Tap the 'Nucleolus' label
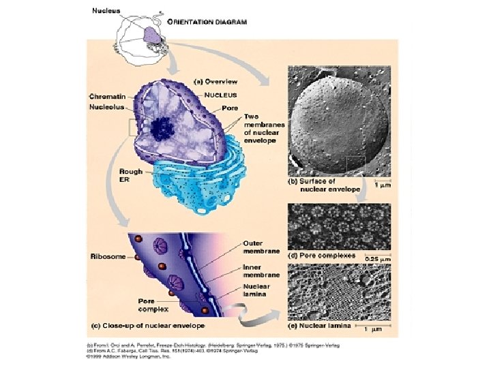click(106, 107)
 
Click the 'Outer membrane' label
click(262, 247)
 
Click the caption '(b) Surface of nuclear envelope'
click(324, 185)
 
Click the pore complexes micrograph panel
click(339, 226)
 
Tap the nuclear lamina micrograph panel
click(339, 292)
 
